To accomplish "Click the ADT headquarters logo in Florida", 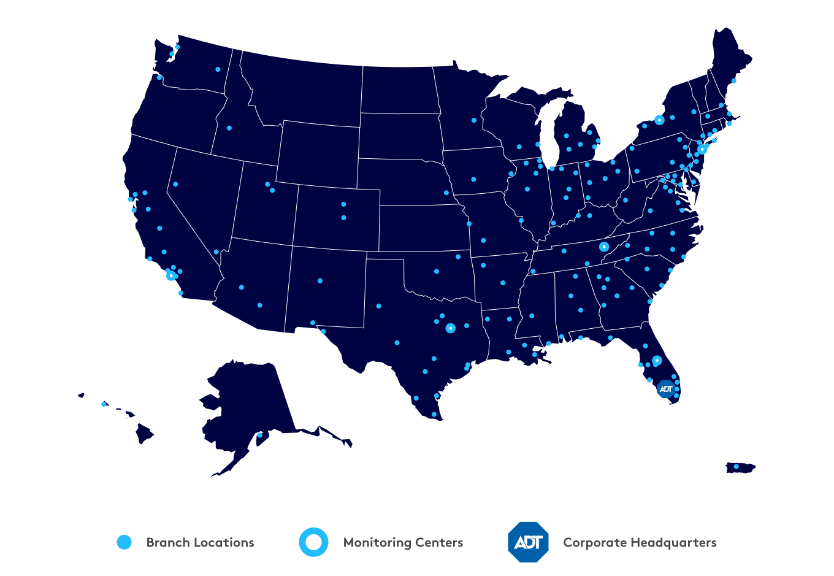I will (666, 389).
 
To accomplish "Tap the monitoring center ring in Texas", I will (451, 328).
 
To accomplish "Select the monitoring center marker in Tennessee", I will (604, 247).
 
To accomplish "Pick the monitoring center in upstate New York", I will (659, 120).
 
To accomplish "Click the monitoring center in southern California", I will (171, 275).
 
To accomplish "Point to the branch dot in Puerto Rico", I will (736, 467).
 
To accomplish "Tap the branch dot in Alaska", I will (259, 435).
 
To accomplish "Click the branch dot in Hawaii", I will (104, 404).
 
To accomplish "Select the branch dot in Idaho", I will (229, 128).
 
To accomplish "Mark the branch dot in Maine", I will (734, 80).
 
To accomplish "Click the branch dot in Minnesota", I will (474, 120).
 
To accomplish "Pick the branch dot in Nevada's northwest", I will (175, 184).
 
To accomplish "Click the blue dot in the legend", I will (124, 542).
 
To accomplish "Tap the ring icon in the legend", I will (313, 542).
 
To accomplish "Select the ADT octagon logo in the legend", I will (529, 542).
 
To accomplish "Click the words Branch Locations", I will (200, 542).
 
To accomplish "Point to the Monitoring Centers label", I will (403, 542).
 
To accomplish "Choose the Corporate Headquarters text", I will (640, 542).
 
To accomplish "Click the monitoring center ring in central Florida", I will (657, 361).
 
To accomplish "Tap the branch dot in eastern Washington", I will (218, 69).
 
